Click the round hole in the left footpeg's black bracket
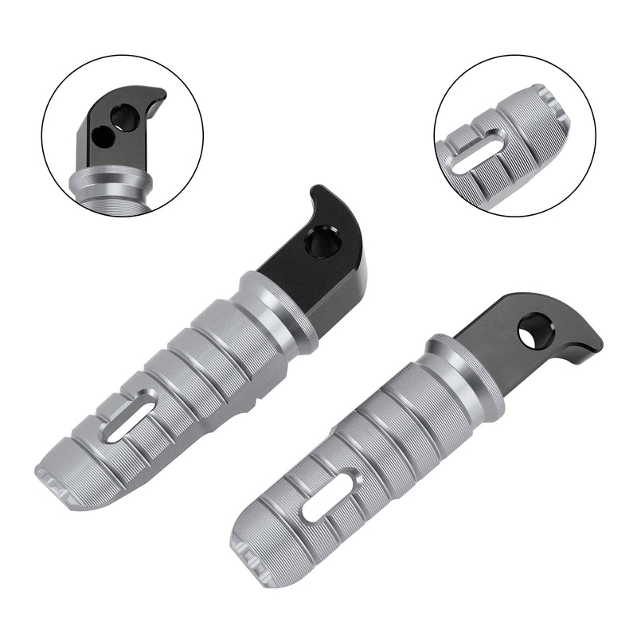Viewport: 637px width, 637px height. (322, 241)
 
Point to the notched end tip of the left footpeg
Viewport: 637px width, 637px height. (60, 486)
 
